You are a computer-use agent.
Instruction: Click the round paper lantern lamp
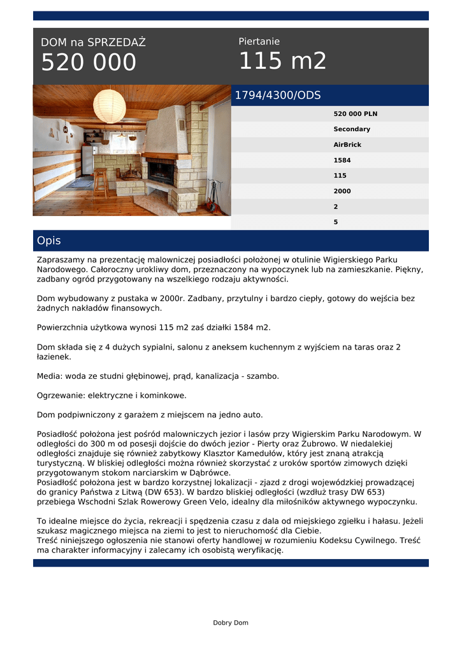(110, 106)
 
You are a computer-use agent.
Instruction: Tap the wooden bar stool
(99, 183)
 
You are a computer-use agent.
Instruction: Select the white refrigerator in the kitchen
(87, 160)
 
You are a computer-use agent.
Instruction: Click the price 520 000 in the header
(89, 62)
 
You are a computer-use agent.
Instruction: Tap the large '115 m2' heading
(282, 61)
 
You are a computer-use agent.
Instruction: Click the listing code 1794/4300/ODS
(278, 96)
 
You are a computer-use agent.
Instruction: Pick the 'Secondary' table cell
(351, 129)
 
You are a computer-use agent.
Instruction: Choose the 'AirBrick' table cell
(347, 145)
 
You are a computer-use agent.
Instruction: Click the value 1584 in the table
(342, 160)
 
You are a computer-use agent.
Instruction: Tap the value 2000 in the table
(342, 191)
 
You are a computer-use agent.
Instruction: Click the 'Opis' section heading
(49, 241)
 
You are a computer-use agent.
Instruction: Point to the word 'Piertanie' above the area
(259, 41)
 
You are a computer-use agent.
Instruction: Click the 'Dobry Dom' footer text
(231, 623)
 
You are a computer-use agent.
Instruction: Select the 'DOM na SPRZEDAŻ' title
(93, 43)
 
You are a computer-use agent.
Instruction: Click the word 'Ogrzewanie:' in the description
(61, 395)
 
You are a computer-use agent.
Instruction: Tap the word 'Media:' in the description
(50, 376)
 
